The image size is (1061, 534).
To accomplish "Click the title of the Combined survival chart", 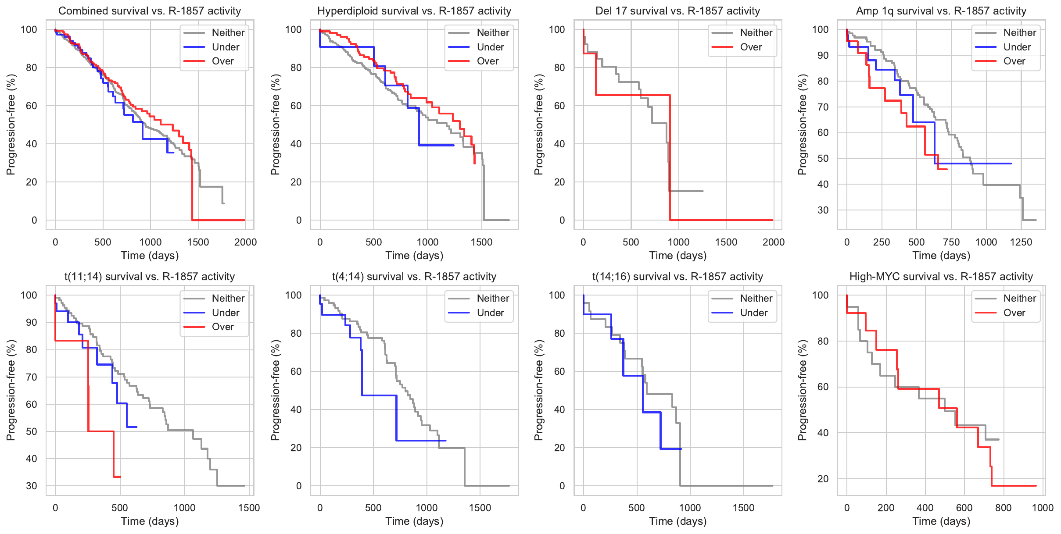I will [x=150, y=11].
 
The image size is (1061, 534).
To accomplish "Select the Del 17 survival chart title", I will [x=677, y=11].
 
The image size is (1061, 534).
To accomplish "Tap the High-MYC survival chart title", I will [x=941, y=277].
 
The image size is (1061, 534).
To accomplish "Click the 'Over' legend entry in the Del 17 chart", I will [x=751, y=47].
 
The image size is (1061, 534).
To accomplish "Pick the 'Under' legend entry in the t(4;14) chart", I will [x=490, y=313].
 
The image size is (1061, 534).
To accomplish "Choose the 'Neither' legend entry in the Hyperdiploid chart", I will [x=493, y=32].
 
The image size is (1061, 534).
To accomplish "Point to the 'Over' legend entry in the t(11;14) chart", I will [x=222, y=327].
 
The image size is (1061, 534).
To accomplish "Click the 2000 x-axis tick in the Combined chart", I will [x=245, y=242].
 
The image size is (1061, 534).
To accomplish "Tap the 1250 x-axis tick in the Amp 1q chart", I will [x=1021, y=242].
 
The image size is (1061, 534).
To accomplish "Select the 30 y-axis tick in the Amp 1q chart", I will [x=823, y=210].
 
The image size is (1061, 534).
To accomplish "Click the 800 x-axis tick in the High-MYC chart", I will [x=1004, y=508].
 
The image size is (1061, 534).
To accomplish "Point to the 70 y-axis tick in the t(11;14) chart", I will [x=32, y=377].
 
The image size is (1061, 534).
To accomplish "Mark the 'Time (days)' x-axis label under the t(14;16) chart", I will [x=677, y=521].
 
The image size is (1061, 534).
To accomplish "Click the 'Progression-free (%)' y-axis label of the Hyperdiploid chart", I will [x=275, y=125].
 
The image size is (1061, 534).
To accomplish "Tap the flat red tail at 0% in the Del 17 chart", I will [x=724, y=220].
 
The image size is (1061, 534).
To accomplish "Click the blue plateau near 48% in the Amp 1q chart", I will [x=974, y=164].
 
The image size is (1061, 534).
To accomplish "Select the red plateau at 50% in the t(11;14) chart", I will [x=101, y=431].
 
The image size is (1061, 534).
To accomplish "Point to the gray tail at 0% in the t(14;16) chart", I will [x=728, y=486].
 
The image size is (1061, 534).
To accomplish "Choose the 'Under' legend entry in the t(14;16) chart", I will [x=753, y=313].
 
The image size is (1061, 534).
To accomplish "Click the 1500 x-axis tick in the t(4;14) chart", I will [x=480, y=508].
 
